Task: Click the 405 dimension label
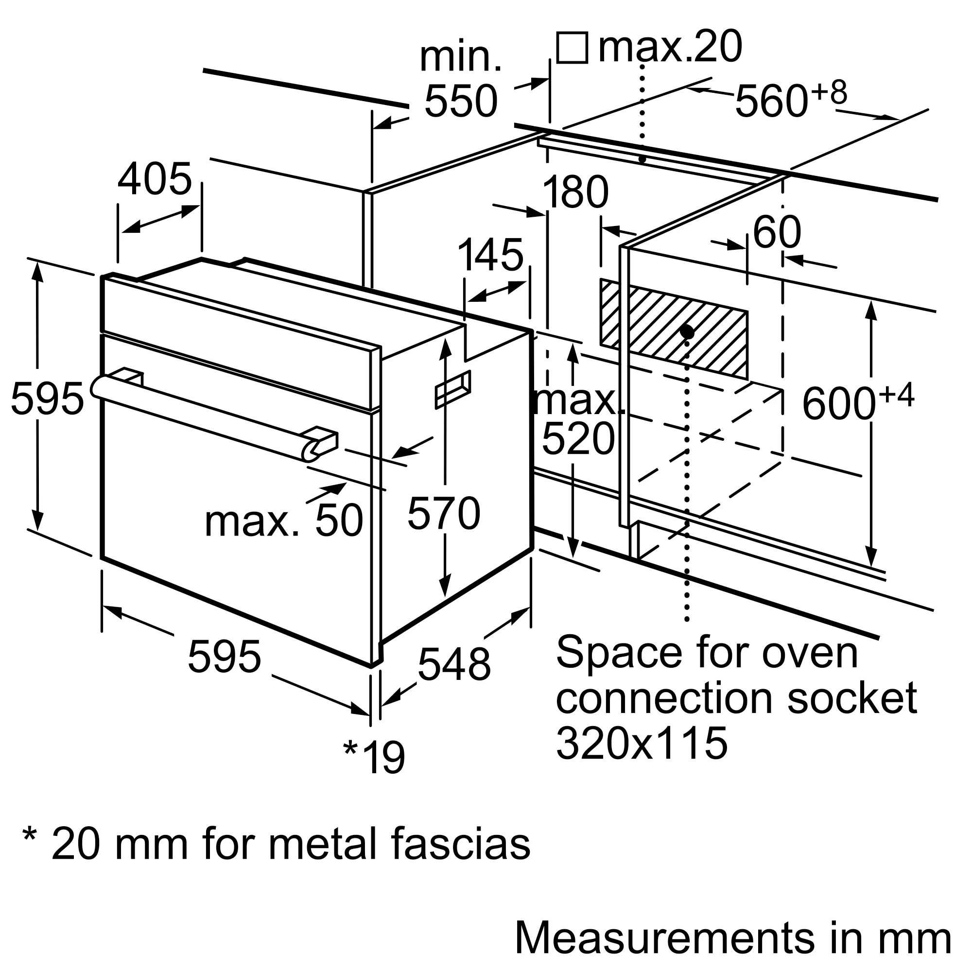[155, 178]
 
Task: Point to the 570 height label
[444, 513]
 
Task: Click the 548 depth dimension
[454, 664]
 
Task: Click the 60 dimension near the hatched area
[776, 232]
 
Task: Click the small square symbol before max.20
[573, 48]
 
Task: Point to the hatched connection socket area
[674, 329]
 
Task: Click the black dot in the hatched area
[687, 332]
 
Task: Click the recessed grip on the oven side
[453, 389]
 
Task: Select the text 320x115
[642, 743]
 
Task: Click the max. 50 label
[284, 520]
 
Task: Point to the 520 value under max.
[578, 439]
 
